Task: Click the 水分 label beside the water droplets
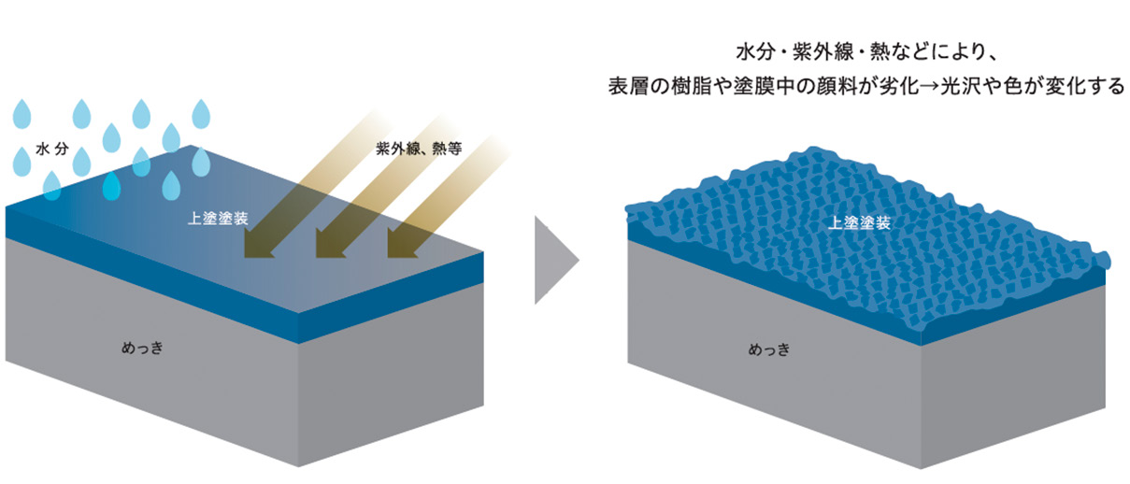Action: tap(52, 149)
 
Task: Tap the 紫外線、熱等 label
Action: tap(419, 149)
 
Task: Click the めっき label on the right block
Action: tap(768, 352)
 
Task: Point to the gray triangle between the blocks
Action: tap(553, 261)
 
